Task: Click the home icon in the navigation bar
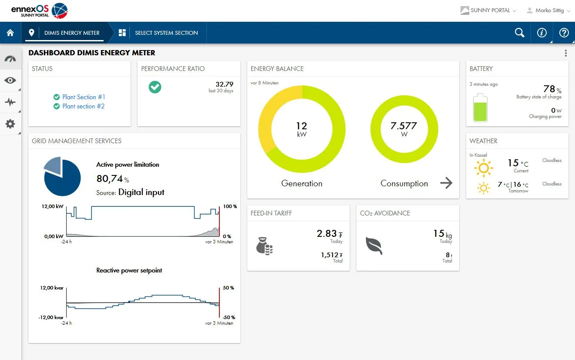pyautogui.click(x=10, y=33)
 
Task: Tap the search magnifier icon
pyautogui.click(x=519, y=33)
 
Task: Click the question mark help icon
pyautogui.click(x=564, y=33)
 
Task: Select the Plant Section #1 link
pyautogui.click(x=84, y=97)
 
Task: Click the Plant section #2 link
pyautogui.click(x=83, y=106)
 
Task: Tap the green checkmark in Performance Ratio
pyautogui.click(x=155, y=87)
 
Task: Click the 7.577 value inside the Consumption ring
pyautogui.click(x=404, y=126)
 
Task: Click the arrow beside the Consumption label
pyautogui.click(x=446, y=183)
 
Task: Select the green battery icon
pyautogui.click(x=481, y=108)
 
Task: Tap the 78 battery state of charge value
pyautogui.click(x=549, y=89)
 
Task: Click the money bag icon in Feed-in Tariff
pyautogui.click(x=264, y=246)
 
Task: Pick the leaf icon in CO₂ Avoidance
pyautogui.click(x=374, y=246)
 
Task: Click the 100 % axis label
pyautogui.click(x=230, y=206)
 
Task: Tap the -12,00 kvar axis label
pyautogui.click(x=52, y=317)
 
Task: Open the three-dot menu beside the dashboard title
pyautogui.click(x=565, y=53)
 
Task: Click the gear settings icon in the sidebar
pyautogui.click(x=10, y=124)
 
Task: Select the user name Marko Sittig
pyautogui.click(x=549, y=10)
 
